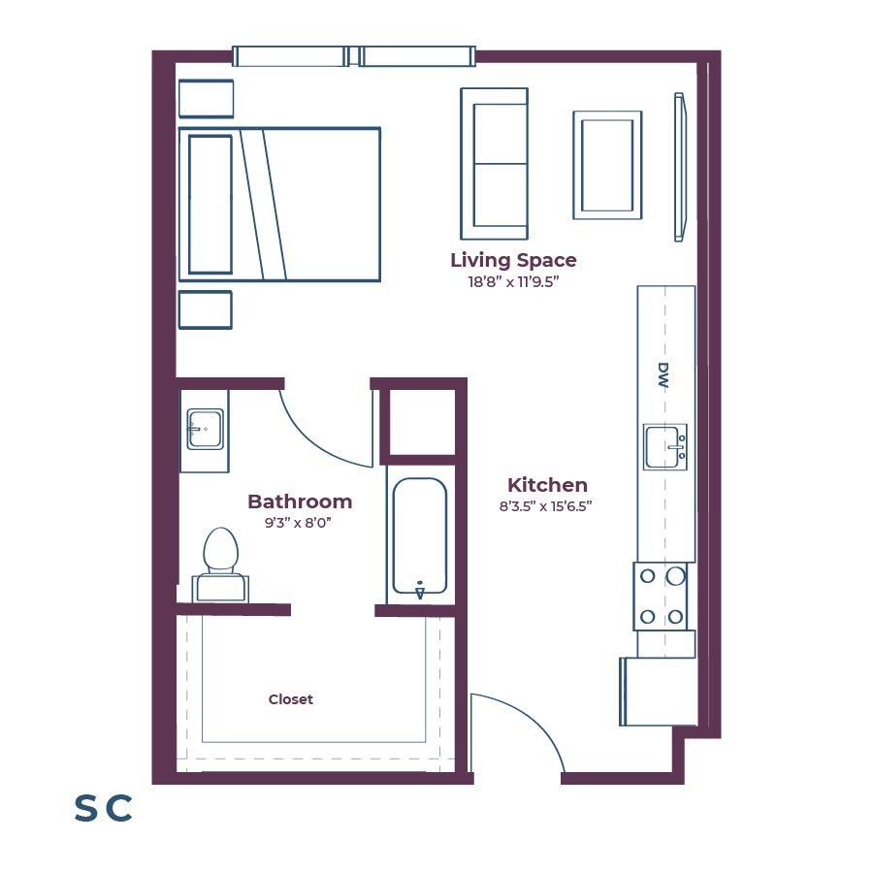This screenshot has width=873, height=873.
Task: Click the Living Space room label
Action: click(x=513, y=260)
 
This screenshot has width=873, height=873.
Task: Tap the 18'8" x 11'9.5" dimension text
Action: click(x=513, y=282)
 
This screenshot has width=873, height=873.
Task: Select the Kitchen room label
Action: click(x=547, y=485)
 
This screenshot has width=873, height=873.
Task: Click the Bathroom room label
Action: click(x=300, y=501)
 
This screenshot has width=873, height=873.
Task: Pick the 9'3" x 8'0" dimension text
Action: click(x=300, y=522)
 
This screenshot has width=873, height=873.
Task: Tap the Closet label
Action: click(x=291, y=699)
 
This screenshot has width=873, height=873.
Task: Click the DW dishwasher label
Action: click(x=664, y=375)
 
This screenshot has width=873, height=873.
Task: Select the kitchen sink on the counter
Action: click(x=664, y=446)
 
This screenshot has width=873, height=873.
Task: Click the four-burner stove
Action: click(x=662, y=596)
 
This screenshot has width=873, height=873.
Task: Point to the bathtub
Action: click(x=419, y=536)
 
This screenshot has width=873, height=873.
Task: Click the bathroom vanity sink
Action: click(x=205, y=429)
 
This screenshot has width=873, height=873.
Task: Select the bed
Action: click(x=279, y=205)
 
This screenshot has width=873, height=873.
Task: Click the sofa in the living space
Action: click(x=495, y=164)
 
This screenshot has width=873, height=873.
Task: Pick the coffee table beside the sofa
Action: click(x=607, y=164)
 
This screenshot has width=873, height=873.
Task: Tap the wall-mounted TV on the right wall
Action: click(x=680, y=166)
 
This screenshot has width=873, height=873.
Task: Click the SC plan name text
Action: click(x=103, y=808)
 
